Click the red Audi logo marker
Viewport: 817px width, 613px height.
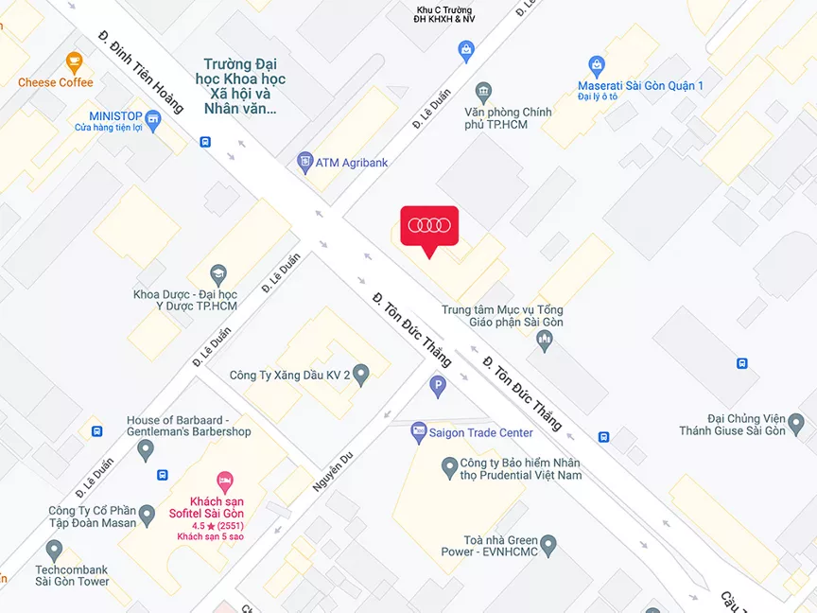[429, 226]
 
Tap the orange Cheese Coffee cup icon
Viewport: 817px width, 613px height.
[74, 63]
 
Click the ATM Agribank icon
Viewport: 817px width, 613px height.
[304, 163]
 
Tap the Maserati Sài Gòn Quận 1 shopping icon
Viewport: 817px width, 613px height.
[596, 66]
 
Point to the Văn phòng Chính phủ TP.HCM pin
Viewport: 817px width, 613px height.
[483, 93]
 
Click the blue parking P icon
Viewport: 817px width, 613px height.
[437, 385]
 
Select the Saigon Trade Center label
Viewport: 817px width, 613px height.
[480, 433]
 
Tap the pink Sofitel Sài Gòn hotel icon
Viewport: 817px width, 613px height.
[225, 481]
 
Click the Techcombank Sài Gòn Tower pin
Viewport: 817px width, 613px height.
[54, 549]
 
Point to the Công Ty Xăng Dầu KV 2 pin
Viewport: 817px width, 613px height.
[360, 375]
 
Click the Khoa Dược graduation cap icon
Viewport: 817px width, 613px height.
[218, 274]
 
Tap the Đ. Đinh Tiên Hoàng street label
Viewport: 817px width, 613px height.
[141, 71]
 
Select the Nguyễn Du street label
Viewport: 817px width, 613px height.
[332, 471]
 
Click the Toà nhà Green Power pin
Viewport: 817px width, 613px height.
[548, 545]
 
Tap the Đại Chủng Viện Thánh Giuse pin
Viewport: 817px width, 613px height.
[796, 423]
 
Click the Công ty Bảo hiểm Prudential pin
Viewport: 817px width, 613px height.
[450, 466]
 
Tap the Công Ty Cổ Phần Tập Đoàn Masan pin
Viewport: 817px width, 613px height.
[146, 516]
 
